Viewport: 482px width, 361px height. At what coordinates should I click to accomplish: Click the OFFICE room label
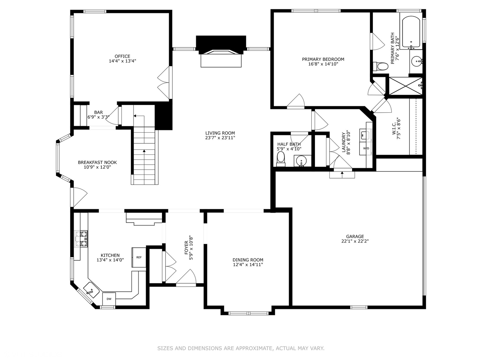pyautogui.click(x=122, y=56)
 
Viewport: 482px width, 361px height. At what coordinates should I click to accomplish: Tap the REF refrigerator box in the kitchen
pyautogui.click(x=139, y=257)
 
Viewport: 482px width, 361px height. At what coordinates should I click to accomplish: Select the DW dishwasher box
pyautogui.click(x=109, y=299)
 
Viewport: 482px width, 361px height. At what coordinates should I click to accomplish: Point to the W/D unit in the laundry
pyautogui.click(x=366, y=148)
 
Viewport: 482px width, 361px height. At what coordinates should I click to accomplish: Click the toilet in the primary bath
pyautogui.click(x=381, y=66)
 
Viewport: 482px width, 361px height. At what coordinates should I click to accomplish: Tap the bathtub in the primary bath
pyautogui.click(x=411, y=33)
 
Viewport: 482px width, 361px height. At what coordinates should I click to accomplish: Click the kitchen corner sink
pyautogui.click(x=91, y=290)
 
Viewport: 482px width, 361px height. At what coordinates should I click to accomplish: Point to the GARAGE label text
pyautogui.click(x=355, y=237)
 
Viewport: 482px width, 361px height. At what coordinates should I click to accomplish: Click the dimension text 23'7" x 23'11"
pyautogui.click(x=220, y=138)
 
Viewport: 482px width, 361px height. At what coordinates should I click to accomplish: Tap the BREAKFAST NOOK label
pyautogui.click(x=97, y=162)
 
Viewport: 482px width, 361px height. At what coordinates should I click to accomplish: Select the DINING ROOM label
pyautogui.click(x=248, y=260)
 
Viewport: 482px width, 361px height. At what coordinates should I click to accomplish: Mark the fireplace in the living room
pyautogui.click(x=221, y=51)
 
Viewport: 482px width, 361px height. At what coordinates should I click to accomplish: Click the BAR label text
pyautogui.click(x=98, y=112)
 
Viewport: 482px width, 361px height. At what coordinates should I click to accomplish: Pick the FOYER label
pyautogui.click(x=186, y=248)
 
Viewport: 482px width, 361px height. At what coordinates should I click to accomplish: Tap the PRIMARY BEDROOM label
pyautogui.click(x=323, y=59)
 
